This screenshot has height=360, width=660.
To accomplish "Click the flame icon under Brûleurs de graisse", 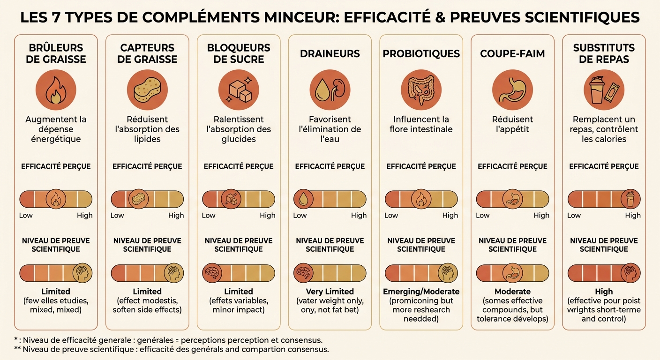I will pyautogui.click(x=56, y=90).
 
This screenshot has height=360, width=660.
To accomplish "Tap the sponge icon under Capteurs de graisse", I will pyautogui.click(x=147, y=90).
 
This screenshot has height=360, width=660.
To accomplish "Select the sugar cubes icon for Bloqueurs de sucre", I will pyautogui.click(x=239, y=90).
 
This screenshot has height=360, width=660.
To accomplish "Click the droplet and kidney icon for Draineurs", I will pyautogui.click(x=330, y=90).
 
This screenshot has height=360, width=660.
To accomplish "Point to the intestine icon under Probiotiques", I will pyautogui.click(x=421, y=90).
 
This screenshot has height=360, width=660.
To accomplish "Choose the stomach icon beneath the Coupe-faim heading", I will pyautogui.click(x=512, y=90).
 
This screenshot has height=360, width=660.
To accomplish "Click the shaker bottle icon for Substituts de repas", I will pyautogui.click(x=604, y=90).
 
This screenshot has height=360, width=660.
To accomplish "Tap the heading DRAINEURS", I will pyautogui.click(x=330, y=53).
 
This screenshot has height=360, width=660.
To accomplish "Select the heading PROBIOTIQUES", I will pyautogui.click(x=421, y=53).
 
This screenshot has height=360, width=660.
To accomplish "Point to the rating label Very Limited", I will pyautogui.click(x=330, y=292).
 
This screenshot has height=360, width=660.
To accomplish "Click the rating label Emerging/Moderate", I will pyautogui.click(x=421, y=292).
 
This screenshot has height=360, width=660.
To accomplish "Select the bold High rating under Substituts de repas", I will pyautogui.click(x=604, y=292).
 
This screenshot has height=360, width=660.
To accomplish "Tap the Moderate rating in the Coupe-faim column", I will pyautogui.click(x=512, y=292).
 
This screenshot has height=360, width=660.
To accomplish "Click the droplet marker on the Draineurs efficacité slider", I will pyautogui.click(x=303, y=199).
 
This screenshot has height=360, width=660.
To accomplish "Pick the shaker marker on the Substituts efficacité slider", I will pyautogui.click(x=630, y=199).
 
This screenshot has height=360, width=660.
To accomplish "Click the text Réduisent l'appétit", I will pyautogui.click(x=512, y=124).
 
